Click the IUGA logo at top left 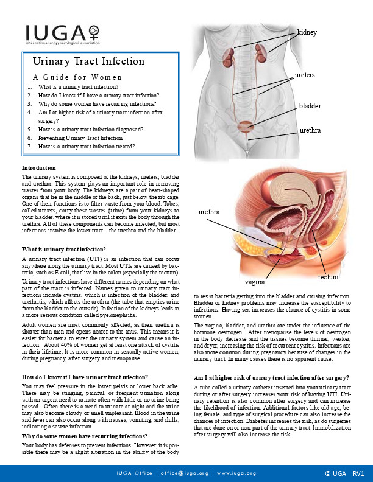(x=61, y=35)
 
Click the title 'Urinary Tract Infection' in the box (x=89, y=61)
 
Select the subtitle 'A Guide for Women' (x=77, y=77)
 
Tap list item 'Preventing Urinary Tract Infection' (x=80, y=138)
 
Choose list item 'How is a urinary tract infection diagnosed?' (x=90, y=130)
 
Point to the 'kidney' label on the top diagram (x=307, y=32)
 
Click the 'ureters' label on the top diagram (x=305, y=75)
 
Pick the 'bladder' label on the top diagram (x=310, y=106)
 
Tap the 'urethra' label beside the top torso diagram (x=310, y=130)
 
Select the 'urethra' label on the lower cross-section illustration (x=210, y=212)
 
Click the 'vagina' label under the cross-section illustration (x=255, y=282)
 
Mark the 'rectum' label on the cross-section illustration (x=329, y=277)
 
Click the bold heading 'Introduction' (x=38, y=167)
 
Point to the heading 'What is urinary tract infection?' (x=64, y=250)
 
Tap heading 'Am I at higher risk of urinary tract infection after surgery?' (x=271, y=377)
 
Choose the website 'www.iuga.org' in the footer (x=236, y=473)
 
